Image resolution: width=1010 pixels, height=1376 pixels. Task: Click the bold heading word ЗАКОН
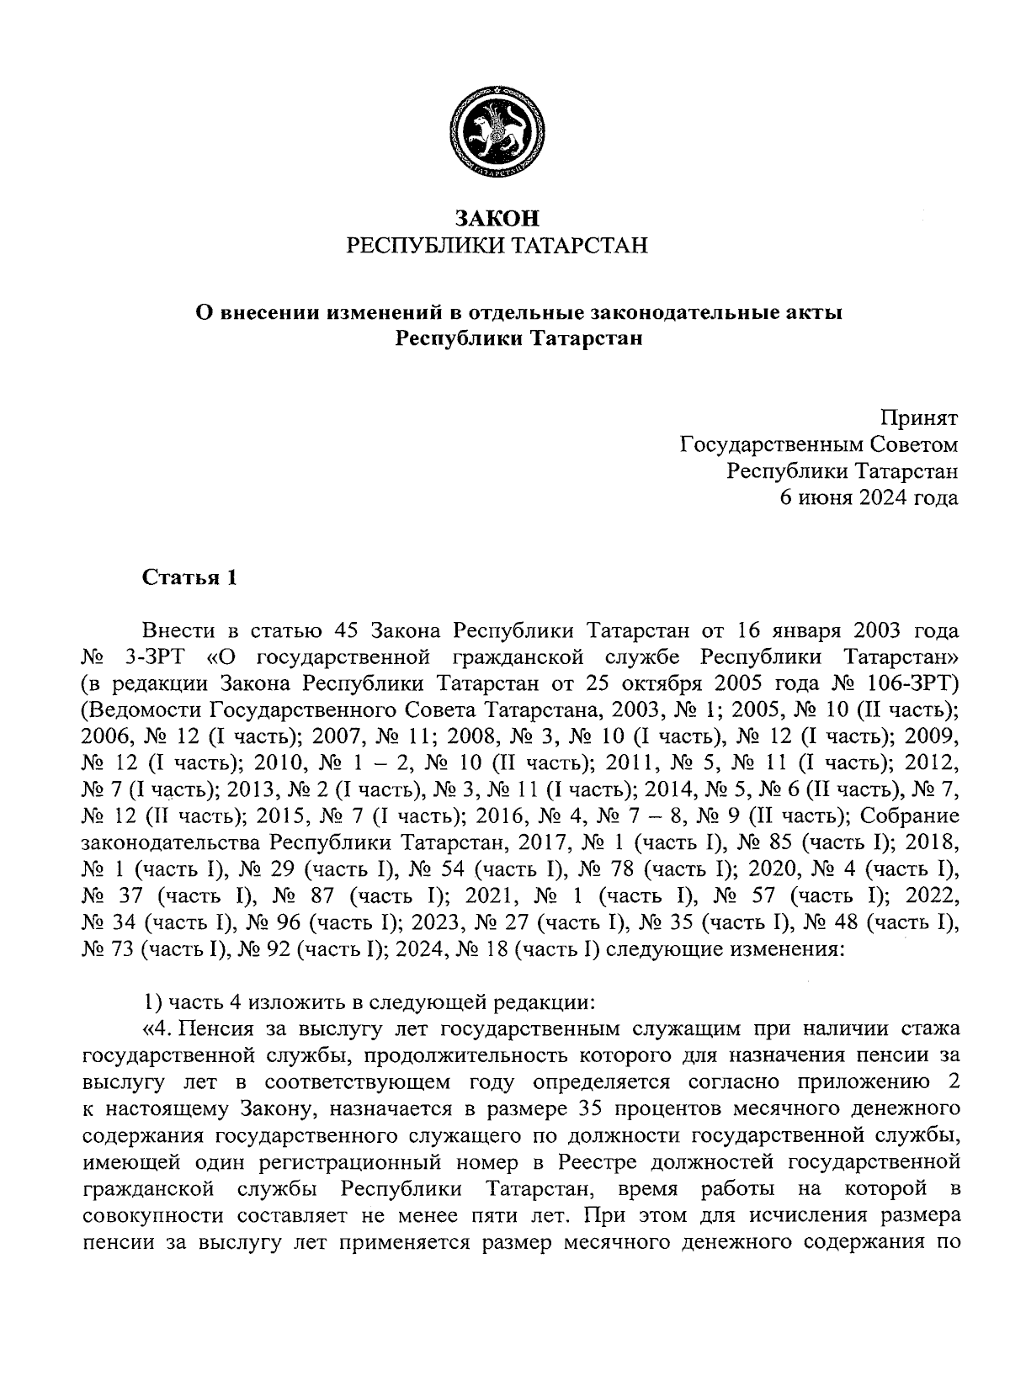tap(497, 218)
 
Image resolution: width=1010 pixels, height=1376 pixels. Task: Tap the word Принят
tap(919, 417)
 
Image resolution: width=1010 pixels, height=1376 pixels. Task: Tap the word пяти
tap(471, 1215)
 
